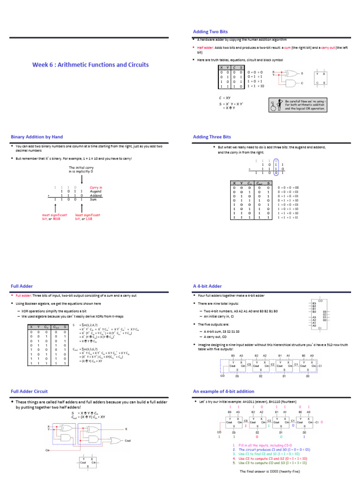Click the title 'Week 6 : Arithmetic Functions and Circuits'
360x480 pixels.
90,65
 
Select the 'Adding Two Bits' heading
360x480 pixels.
210,31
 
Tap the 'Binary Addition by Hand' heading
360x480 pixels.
37,137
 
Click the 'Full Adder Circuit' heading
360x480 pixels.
29,391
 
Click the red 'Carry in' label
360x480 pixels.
96,187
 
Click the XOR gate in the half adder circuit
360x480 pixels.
285,74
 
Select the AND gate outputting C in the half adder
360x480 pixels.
285,82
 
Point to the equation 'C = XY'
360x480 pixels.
224,97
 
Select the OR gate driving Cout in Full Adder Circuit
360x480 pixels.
115,440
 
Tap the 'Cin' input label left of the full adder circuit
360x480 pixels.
47,450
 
